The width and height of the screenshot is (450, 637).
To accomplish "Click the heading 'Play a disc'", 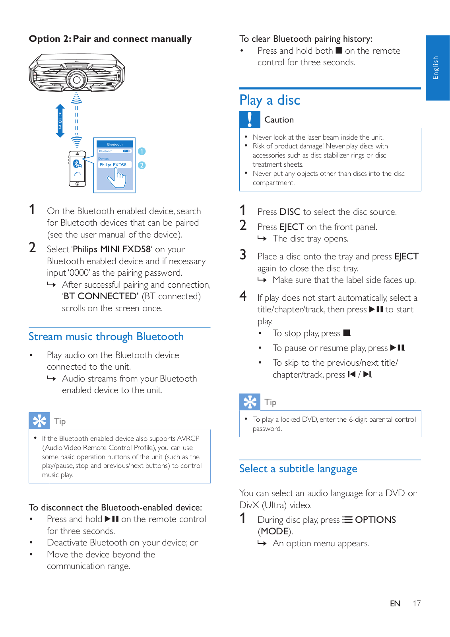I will (x=270, y=100).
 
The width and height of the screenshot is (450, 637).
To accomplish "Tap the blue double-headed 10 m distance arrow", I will (x=60, y=121).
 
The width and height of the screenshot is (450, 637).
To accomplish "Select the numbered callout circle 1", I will (x=142, y=151).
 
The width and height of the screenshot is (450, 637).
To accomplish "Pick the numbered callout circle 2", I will (x=142, y=165).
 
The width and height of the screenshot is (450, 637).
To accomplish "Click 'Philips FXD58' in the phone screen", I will (x=113, y=165).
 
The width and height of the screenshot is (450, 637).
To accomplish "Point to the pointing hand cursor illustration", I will (x=117, y=178).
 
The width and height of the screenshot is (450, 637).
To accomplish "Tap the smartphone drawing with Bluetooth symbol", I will (x=77, y=168).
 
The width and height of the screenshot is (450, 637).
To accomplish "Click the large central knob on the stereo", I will (x=77, y=80).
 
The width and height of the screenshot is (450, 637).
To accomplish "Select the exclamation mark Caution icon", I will (x=250, y=119).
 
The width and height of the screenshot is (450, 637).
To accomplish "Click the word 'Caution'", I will (x=279, y=120).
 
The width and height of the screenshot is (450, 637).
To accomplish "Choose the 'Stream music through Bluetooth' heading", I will (x=106, y=337).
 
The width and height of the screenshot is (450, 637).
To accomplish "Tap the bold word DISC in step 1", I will (x=290, y=212).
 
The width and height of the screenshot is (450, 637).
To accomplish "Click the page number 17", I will (x=416, y=604).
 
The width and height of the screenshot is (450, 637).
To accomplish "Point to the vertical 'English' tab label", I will (x=436, y=68).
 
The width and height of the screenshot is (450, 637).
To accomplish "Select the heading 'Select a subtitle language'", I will (x=298, y=469).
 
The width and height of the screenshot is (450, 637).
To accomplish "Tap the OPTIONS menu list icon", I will (x=348, y=520).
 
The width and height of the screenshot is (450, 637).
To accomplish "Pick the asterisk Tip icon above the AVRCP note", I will (x=39, y=421).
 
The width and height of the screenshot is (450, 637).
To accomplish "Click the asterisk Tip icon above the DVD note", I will (x=250, y=402).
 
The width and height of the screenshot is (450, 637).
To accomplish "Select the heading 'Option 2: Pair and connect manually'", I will (x=110, y=39).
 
